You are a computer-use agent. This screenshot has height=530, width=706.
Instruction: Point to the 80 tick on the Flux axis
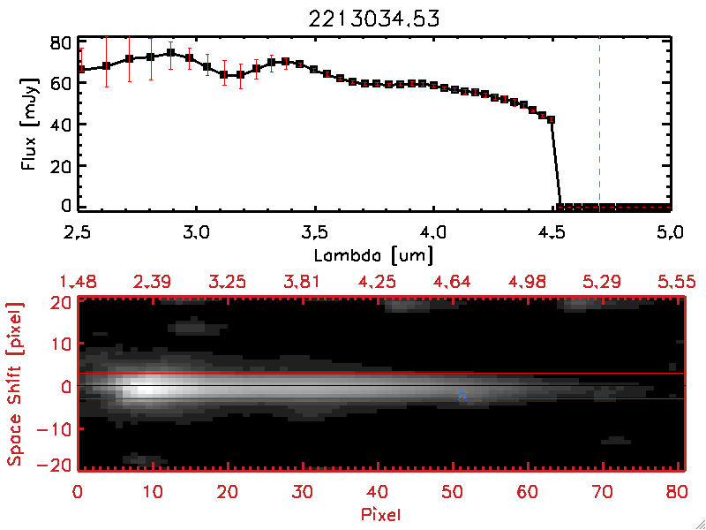(x=61, y=42)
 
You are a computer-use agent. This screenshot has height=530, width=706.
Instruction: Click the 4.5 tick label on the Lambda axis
(x=552, y=234)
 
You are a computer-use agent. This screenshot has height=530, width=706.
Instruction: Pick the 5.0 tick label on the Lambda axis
(x=671, y=234)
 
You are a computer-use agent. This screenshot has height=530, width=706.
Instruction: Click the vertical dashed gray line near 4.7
(x=599, y=123)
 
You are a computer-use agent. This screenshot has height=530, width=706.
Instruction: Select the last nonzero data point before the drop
(x=552, y=119)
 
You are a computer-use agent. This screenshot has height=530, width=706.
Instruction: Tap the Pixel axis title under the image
(x=381, y=511)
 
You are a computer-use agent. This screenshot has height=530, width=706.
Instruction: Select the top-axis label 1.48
(x=78, y=282)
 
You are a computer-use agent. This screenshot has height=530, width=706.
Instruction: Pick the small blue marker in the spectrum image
(x=462, y=396)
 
